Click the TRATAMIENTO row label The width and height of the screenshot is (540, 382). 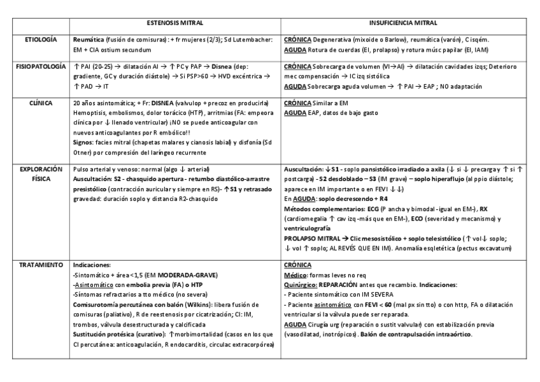(41, 263)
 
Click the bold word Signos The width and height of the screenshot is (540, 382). (85, 143)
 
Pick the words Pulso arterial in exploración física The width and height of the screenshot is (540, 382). (94, 170)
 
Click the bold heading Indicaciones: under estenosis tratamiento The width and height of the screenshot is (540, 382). (93, 263)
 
